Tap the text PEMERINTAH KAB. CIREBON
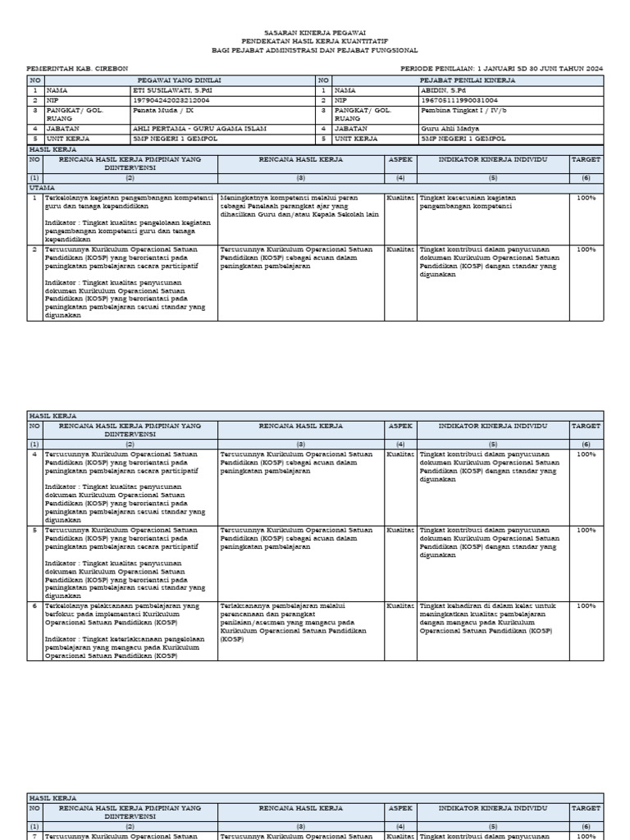tap(77, 68)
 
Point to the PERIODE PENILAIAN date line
tap(501, 68)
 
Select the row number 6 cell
tap(34, 605)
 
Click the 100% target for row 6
tap(586, 605)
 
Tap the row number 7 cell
tap(34, 836)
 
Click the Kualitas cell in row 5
tap(400, 530)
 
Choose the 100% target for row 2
tap(586, 249)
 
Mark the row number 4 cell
tap(34, 454)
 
